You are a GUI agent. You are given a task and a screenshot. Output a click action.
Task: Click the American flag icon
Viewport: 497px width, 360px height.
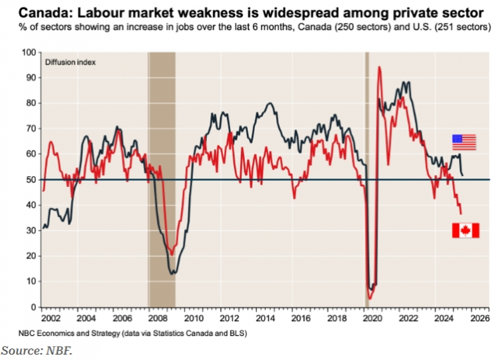(x=464, y=142)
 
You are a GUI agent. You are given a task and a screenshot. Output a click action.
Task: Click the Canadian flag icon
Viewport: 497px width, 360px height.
(x=465, y=230)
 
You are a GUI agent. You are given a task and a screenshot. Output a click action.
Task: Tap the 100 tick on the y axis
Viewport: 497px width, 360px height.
(x=31, y=53)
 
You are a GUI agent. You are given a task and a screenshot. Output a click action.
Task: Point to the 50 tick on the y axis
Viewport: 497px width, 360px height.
(x=33, y=179)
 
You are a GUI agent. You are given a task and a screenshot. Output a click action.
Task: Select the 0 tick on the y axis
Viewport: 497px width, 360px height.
(x=35, y=307)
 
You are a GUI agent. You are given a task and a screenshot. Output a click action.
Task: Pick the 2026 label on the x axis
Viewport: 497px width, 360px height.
(x=479, y=318)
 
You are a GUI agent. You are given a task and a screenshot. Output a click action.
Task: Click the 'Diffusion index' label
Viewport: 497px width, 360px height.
(x=70, y=62)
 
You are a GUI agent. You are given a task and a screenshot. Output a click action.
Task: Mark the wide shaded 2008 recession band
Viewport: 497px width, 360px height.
(x=162, y=178)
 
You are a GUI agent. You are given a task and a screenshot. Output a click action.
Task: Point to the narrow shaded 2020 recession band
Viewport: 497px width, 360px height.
(x=367, y=178)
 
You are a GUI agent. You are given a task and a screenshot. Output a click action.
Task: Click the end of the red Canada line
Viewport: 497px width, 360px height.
(x=461, y=213)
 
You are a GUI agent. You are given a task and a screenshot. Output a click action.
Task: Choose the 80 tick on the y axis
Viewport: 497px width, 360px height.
(x=33, y=103)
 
